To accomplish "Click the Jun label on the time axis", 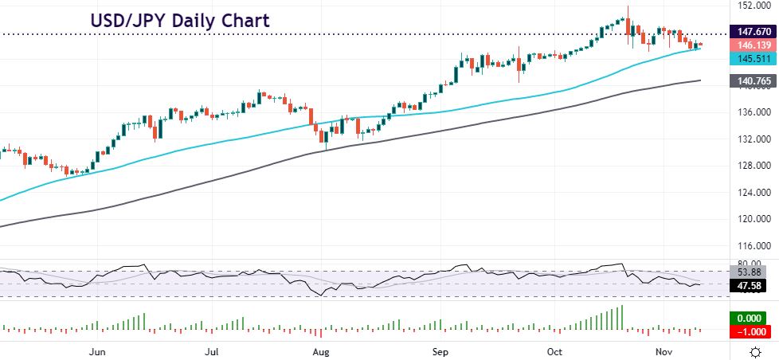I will click(x=98, y=351).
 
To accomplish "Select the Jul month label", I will click(x=212, y=351).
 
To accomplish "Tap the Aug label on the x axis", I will click(x=321, y=351).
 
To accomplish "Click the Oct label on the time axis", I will click(x=554, y=351).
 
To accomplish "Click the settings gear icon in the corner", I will click(x=754, y=351).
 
